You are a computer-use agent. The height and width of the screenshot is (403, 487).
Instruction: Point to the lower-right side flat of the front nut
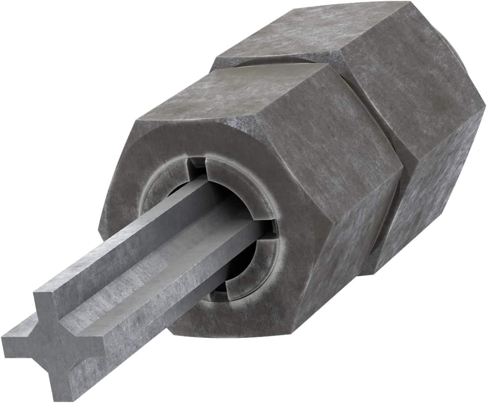349,248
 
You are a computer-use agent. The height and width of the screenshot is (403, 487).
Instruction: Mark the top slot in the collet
197,166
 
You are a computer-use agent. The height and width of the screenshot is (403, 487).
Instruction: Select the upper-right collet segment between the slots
239,182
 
